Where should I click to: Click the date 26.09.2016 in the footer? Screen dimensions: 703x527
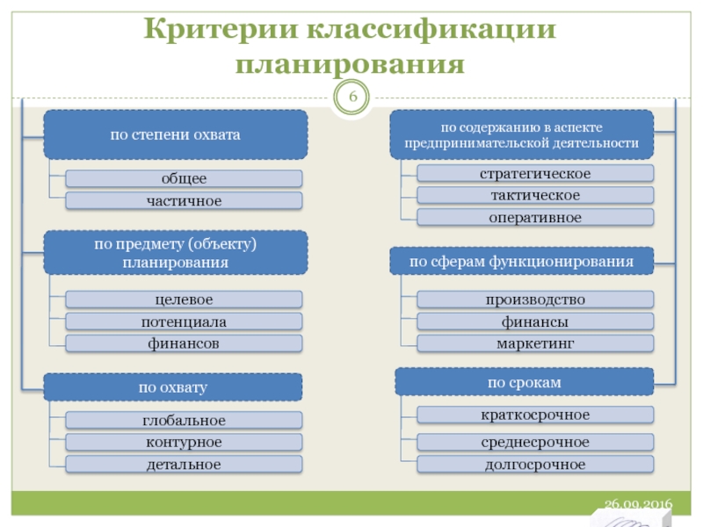pos(638,504)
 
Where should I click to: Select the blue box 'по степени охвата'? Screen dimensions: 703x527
pos(176,134)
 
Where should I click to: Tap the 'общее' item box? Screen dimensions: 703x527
pos(184,178)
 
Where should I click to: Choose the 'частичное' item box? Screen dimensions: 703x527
pos(184,201)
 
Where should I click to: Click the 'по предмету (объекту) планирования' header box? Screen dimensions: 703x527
pos(176,253)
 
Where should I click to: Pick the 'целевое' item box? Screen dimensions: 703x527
pos(184,300)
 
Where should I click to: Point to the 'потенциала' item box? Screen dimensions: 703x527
pos(184,321)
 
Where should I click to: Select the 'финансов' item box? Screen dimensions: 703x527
pos(184,343)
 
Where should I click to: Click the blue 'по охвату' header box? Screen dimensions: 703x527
pos(172,386)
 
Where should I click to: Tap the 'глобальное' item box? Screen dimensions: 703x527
pos(184,421)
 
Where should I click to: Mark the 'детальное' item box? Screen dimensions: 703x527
pos(184,463)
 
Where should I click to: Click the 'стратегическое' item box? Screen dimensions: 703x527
pos(535,173)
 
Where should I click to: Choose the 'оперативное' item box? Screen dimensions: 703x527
pos(535,217)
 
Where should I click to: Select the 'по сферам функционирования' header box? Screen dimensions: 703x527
pos(522,261)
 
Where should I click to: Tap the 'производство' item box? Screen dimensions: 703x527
pos(535,300)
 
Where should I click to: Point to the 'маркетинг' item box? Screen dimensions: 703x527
pos(535,343)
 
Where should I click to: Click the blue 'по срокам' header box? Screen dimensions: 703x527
pos(525,381)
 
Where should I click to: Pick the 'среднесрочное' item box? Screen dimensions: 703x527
pos(535,442)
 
